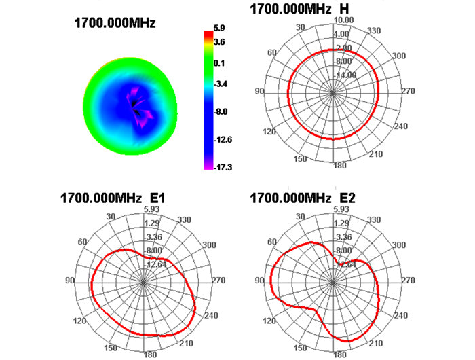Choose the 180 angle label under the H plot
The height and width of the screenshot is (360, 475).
click(x=335, y=166)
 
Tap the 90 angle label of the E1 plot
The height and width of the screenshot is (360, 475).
click(x=69, y=281)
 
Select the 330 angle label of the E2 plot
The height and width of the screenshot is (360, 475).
click(x=376, y=220)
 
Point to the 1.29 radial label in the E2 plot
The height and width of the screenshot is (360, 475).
click(x=343, y=223)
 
